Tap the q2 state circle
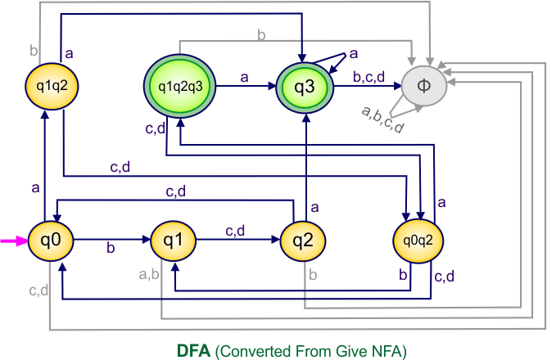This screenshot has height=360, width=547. point(304,241)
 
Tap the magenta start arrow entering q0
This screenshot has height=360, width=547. point(13,241)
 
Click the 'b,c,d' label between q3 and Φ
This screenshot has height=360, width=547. point(369,77)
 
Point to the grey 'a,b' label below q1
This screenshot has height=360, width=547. point(151,273)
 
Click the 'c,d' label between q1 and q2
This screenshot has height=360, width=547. point(236,231)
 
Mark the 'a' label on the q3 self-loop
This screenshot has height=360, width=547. point(354,54)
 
